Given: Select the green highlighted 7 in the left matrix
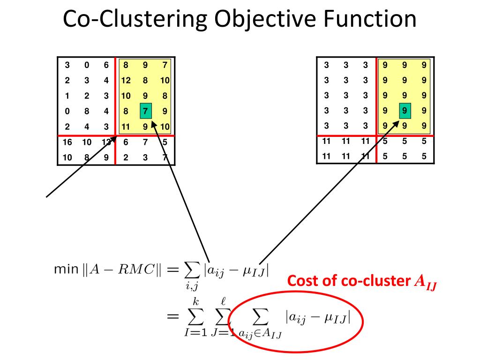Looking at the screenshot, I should pyautogui.click(x=145, y=112).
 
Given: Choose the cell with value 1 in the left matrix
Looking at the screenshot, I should pyautogui.click(x=67, y=96).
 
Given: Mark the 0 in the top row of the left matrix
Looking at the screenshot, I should pyautogui.click(x=87, y=65).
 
